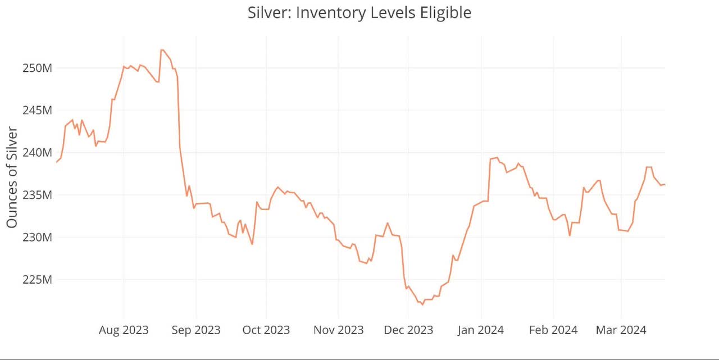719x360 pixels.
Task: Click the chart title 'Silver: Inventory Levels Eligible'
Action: pyautogui.click(x=359, y=13)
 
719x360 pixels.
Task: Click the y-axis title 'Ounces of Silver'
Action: pyautogui.click(x=12, y=177)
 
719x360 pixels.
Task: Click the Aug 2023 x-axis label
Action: pyautogui.click(x=124, y=330)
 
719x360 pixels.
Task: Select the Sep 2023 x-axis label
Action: pyautogui.click(x=196, y=330)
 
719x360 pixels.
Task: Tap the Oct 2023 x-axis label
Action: pyautogui.click(x=266, y=330)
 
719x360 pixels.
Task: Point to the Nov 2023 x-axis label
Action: pyautogui.click(x=338, y=330)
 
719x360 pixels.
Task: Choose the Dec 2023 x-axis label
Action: pyautogui.click(x=408, y=330)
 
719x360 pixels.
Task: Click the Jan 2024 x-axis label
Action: pyautogui.click(x=481, y=330)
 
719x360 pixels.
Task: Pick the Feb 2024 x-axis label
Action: pyautogui.click(x=553, y=330)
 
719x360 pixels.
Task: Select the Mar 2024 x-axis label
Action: pyautogui.click(x=621, y=330)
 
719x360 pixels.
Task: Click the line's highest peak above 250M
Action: pyautogui.click(x=162, y=50)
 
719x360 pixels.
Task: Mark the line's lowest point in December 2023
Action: pyautogui.click(x=422, y=304)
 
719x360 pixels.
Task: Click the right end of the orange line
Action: pyautogui.click(x=665, y=184)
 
